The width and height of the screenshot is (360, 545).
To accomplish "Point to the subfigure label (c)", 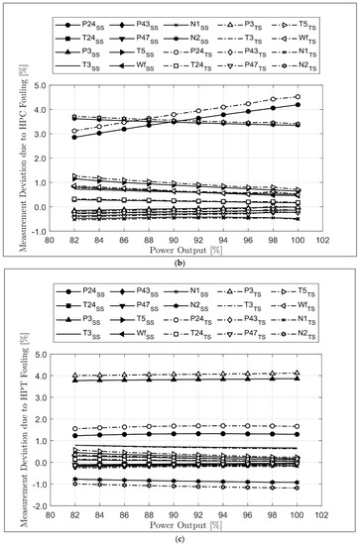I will point(188,534).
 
